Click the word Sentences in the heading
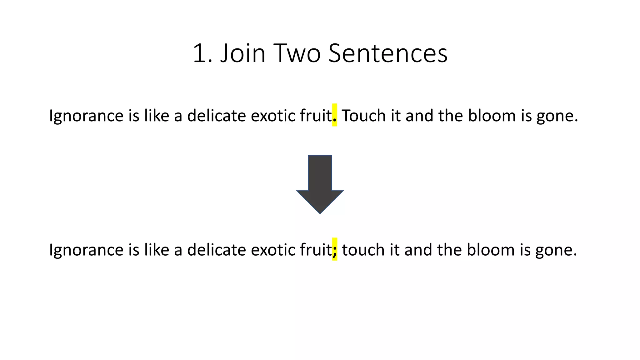coord(388,53)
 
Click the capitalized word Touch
coord(363,116)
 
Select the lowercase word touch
coord(363,250)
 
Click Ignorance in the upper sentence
coord(86,116)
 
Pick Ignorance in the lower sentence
coord(86,250)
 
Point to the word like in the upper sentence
coord(157,116)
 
